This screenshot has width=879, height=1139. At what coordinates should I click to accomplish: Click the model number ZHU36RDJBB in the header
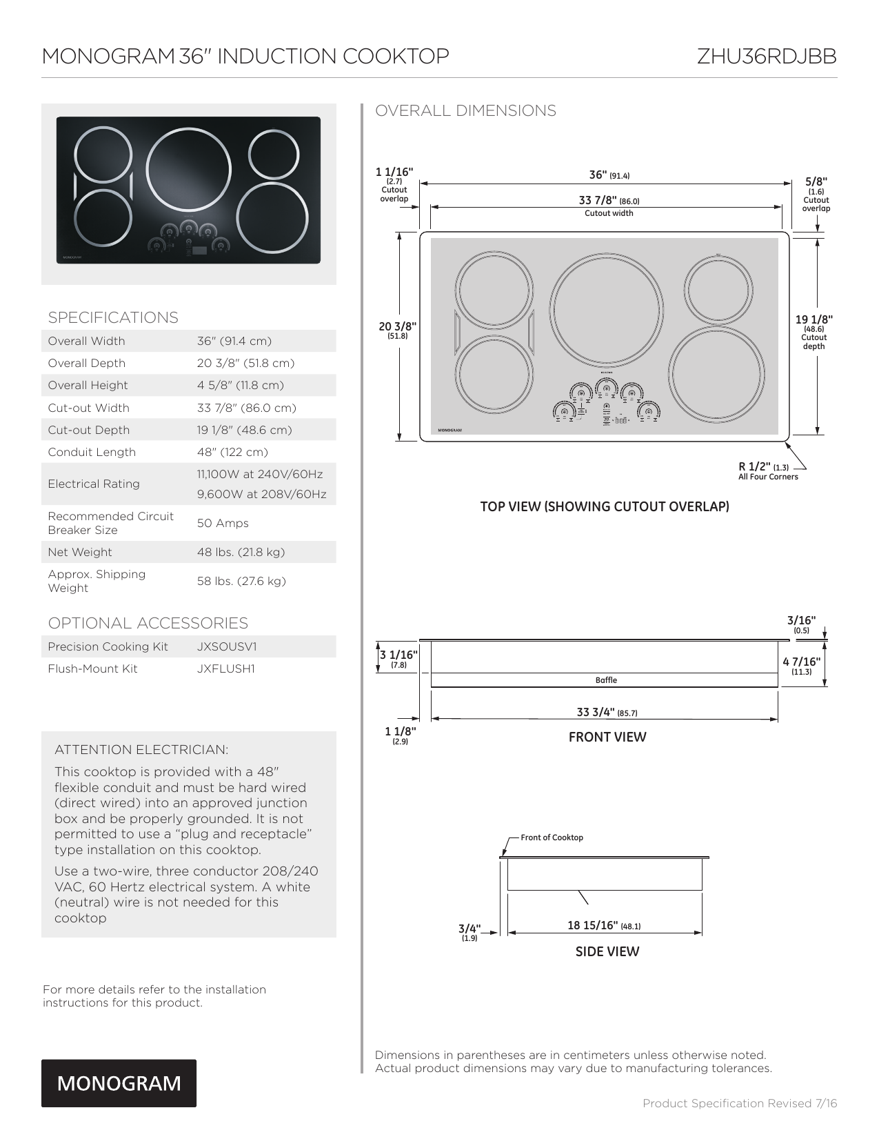pos(767,56)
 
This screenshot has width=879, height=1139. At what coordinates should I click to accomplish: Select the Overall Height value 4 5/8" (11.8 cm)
pos(241,386)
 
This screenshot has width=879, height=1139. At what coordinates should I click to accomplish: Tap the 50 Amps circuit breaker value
pos(223,524)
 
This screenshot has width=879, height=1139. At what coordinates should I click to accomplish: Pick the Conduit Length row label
pos(92,453)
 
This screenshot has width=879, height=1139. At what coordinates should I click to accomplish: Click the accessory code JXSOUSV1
pos(227,647)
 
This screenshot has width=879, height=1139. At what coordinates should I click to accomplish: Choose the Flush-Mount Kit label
pos(92,669)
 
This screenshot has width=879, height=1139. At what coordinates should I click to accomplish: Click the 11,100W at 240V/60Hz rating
pos(260,475)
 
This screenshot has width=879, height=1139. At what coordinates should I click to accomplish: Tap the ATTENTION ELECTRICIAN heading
pos(141,750)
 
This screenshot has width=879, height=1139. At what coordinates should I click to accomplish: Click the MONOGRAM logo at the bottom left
pos(119,1083)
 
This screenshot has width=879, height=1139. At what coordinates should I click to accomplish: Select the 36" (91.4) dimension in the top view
pos(609,175)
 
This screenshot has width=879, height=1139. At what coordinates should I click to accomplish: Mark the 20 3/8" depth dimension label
pos(397,327)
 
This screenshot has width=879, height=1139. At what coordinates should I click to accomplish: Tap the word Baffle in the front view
pos(606,680)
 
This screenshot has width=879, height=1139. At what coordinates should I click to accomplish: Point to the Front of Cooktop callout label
pos(552,838)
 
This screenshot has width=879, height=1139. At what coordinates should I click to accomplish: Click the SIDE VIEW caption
pos(607,952)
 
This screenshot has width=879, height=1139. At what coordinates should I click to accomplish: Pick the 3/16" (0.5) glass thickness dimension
pos(801,622)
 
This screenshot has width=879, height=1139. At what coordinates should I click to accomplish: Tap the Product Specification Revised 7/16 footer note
pos(740,1103)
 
